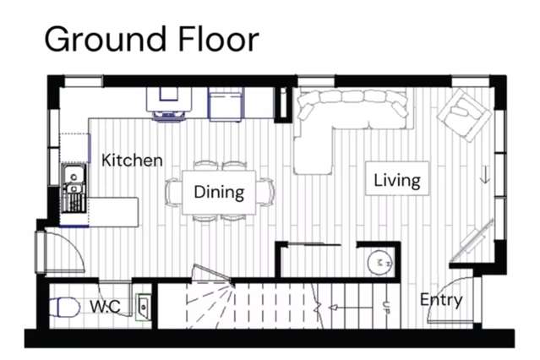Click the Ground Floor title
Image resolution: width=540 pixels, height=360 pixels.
(x=151, y=39)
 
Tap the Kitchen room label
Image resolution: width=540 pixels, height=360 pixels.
(x=132, y=161)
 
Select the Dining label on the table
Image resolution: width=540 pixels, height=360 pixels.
(x=219, y=192)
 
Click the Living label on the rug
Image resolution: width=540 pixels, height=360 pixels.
(x=397, y=180)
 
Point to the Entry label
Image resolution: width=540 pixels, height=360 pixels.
(x=441, y=300)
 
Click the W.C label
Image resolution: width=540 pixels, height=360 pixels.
(x=106, y=306)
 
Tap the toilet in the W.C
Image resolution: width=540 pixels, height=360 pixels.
(x=64, y=308)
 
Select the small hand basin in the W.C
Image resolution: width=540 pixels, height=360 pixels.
(x=144, y=306)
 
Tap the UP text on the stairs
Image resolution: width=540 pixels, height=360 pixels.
(x=386, y=307)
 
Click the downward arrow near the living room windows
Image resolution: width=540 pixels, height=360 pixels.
(x=485, y=175)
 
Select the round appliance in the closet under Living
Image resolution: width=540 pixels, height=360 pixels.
(x=380, y=263)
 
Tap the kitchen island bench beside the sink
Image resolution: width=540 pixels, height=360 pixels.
(x=113, y=212)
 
